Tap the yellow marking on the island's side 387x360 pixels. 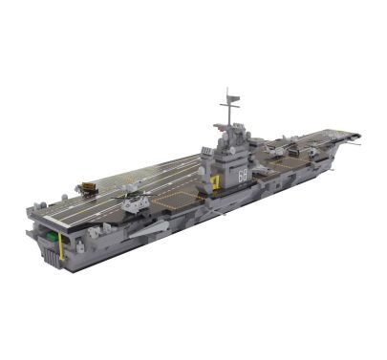(216, 180)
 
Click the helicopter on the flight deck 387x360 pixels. (134, 201)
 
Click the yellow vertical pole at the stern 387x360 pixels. (64, 247)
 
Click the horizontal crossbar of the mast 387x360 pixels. (228, 100)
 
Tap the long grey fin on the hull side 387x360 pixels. (150, 227)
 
